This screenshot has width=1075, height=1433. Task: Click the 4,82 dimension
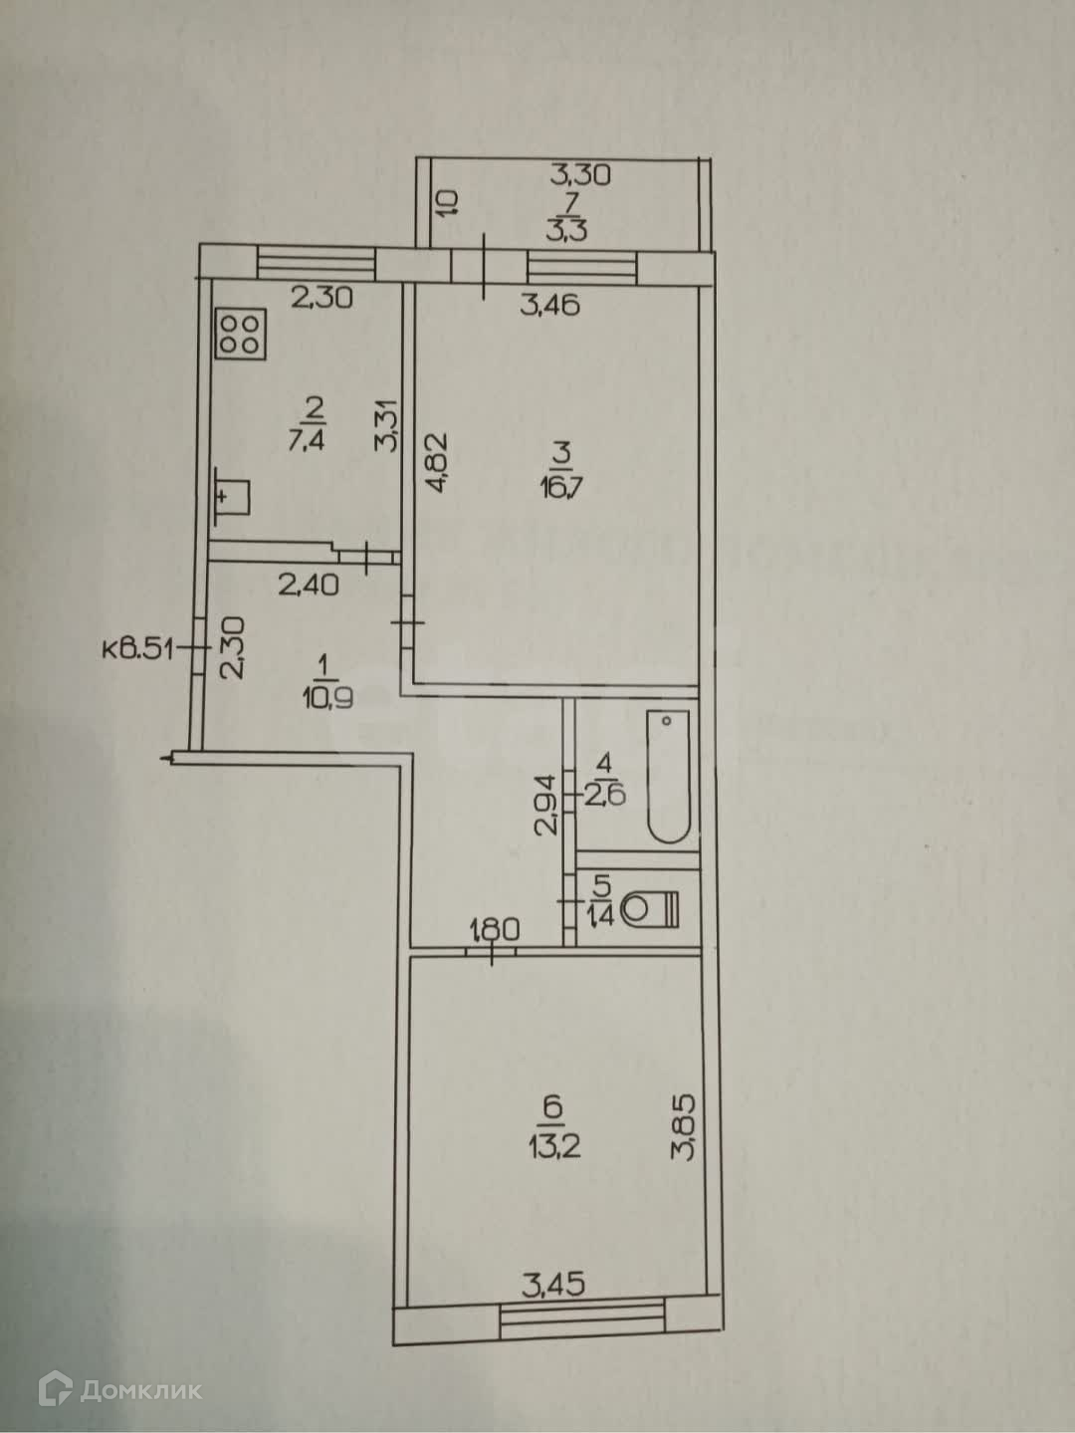tap(435, 462)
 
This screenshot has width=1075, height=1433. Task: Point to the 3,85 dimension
tap(685, 1127)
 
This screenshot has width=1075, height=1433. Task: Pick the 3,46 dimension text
tap(550, 304)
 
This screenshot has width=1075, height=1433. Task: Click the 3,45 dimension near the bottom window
tap(553, 1285)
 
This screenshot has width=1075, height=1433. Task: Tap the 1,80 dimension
tap(495, 931)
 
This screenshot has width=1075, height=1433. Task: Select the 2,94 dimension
tap(544, 805)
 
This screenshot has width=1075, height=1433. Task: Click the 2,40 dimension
tap(308, 584)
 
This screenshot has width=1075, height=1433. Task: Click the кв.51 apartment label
tap(138, 649)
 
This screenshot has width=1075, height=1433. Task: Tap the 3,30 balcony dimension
tap(580, 175)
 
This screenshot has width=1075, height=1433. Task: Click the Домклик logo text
tap(140, 1390)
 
